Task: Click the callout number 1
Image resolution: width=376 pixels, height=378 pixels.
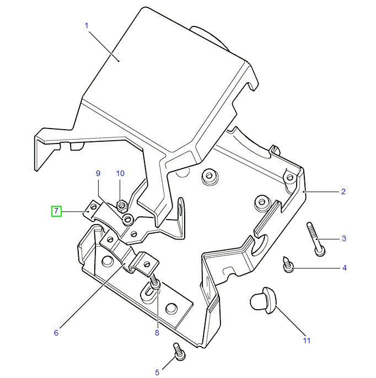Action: point(87,25)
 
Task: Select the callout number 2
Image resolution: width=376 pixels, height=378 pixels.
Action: point(343,191)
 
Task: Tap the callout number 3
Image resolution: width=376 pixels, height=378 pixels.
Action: point(344,238)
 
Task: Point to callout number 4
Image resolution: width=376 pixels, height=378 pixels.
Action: point(345,268)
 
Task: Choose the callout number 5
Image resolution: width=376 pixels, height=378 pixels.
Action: point(157,372)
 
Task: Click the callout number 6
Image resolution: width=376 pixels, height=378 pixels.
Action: point(56,333)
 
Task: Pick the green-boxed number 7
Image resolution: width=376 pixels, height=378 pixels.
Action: point(56,211)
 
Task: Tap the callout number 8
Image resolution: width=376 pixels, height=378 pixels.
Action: point(157,333)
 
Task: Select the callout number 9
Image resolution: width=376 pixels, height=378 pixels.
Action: point(98,173)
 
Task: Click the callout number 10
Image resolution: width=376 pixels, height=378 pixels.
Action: point(120,173)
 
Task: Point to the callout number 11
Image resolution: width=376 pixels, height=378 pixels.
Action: point(307,340)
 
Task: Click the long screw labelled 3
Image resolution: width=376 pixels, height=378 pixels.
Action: point(316,239)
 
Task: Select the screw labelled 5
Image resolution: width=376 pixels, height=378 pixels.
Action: point(179,352)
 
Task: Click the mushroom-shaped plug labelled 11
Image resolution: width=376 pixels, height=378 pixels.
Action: point(264,300)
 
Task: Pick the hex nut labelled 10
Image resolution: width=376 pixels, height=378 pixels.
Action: point(122,206)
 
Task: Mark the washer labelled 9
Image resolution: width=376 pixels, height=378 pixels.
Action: point(128,220)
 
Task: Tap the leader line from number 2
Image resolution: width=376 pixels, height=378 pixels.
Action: point(321,192)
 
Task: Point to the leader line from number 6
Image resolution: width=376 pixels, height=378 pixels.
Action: point(92,296)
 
